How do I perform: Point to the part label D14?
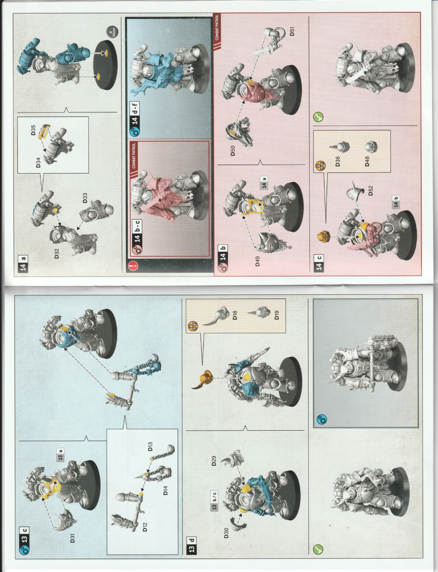(165, 490)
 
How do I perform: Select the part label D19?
(277, 315)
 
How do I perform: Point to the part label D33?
(85, 198)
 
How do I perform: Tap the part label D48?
(367, 161)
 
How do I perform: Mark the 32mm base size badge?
(112, 31)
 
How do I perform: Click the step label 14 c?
(319, 263)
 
